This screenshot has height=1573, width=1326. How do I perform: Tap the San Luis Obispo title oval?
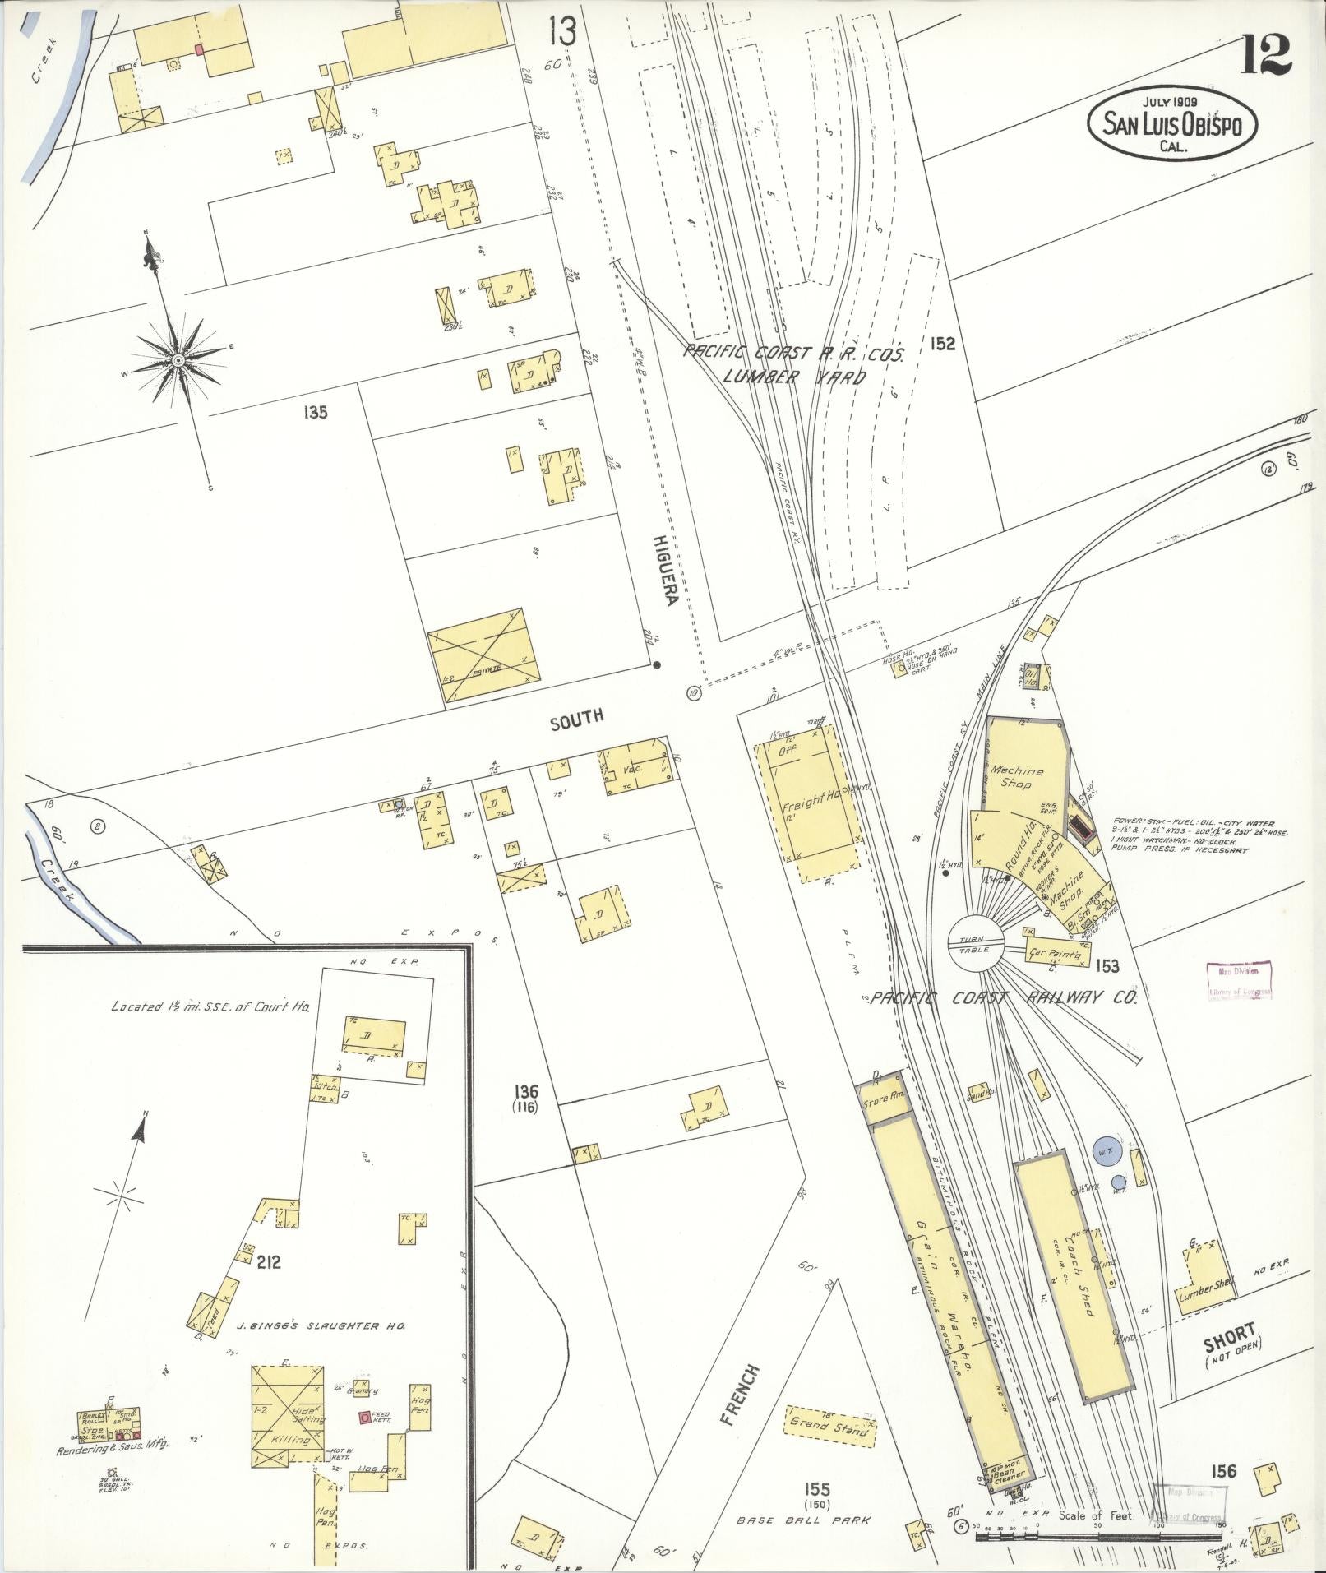coord(1171,124)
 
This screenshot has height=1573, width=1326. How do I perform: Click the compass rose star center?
coord(178,361)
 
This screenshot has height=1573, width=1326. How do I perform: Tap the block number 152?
coord(943,344)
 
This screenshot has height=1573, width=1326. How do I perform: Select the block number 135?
coord(315,412)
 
